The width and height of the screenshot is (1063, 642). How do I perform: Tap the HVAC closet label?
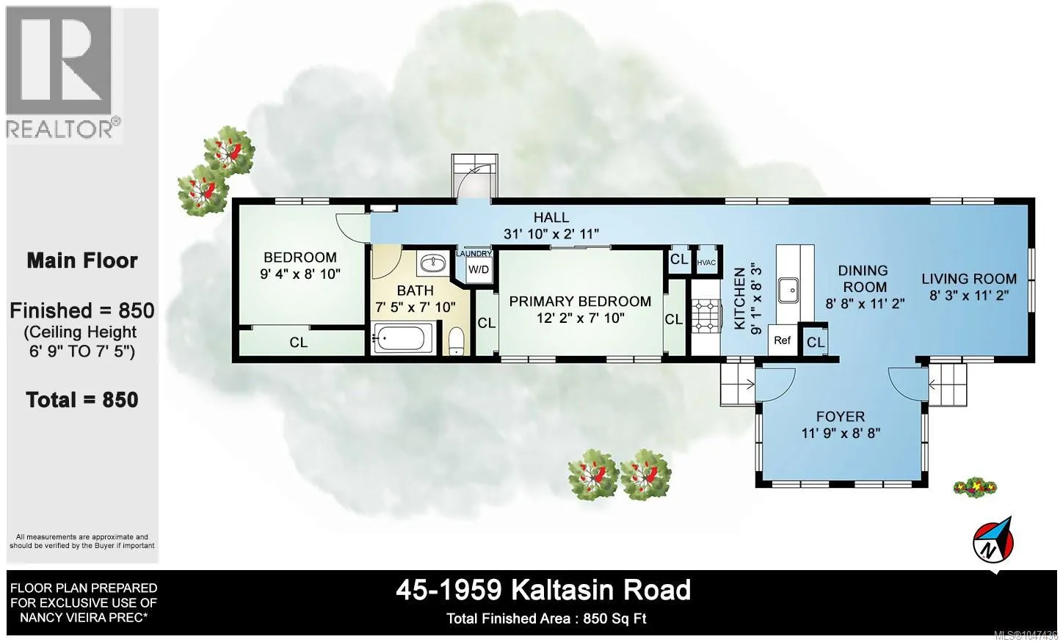click(706, 263)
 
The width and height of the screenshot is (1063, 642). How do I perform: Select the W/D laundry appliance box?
click(479, 270)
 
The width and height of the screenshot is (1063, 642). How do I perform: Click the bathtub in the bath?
click(403, 338)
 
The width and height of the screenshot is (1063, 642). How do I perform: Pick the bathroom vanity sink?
click(433, 262)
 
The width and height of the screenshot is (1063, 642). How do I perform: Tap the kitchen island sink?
click(788, 290)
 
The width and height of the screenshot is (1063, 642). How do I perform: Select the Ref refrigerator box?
click(783, 340)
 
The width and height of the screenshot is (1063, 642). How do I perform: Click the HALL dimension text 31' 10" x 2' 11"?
click(551, 234)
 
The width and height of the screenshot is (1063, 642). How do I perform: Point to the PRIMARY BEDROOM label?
click(580, 302)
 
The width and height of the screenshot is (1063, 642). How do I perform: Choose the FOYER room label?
click(841, 416)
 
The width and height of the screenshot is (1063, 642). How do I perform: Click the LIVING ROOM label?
click(969, 279)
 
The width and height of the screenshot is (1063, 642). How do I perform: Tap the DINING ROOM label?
click(863, 279)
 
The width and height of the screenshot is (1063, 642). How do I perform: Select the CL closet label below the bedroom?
click(299, 343)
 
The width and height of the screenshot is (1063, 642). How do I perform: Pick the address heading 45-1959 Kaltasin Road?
click(543, 590)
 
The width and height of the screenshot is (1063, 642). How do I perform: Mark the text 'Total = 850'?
click(82, 400)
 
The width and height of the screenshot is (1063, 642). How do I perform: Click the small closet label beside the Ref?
click(816, 343)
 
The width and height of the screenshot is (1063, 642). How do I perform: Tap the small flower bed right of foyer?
click(975, 487)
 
